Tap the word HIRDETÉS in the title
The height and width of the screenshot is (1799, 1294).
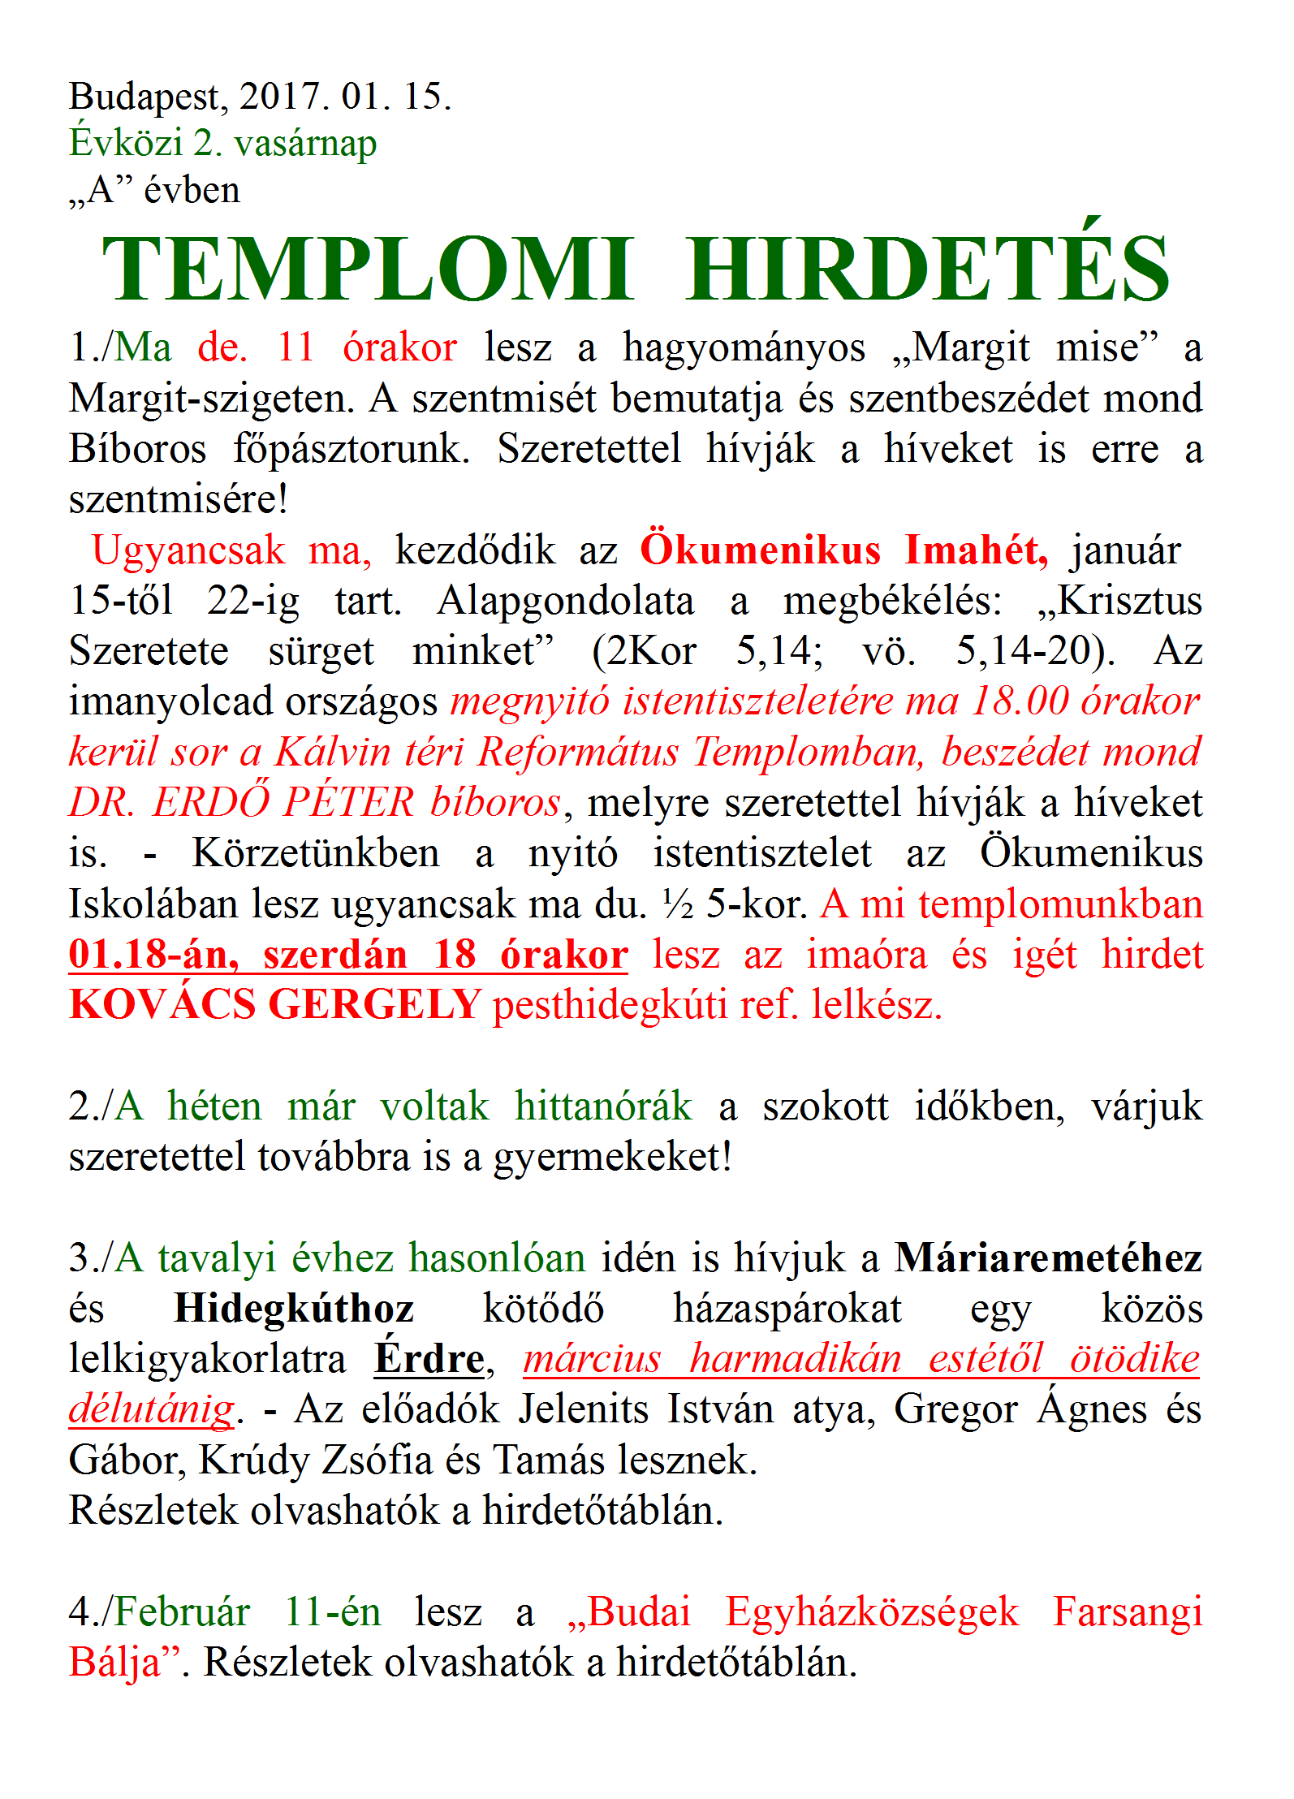[927, 268]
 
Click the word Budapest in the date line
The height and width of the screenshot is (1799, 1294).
[144, 97]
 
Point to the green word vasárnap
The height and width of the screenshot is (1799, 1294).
[305, 145]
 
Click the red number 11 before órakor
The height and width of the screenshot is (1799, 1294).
[295, 348]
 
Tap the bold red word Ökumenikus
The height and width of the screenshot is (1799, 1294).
[760, 550]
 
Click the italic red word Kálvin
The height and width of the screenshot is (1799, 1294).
[333, 753]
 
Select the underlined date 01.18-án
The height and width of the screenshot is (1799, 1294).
[153, 956]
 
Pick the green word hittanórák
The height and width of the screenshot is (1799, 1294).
[603, 1107]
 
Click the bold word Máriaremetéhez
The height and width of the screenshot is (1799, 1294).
[1048, 1259]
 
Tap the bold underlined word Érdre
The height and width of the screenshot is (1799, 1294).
[429, 1360]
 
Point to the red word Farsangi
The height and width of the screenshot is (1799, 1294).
[1128, 1614]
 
